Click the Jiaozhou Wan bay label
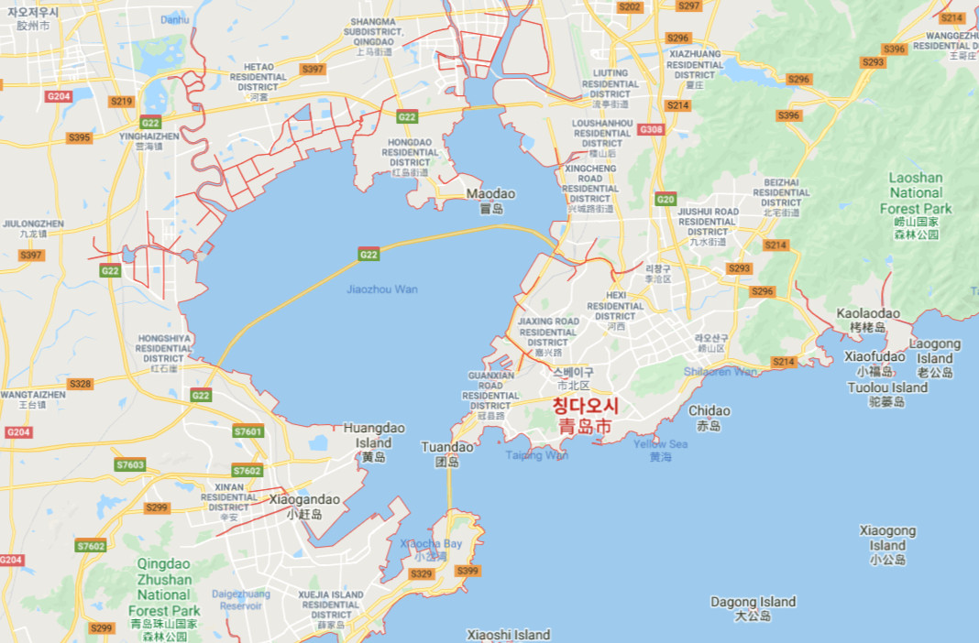pyautogui.click(x=381, y=289)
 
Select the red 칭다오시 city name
pyautogui.click(x=586, y=406)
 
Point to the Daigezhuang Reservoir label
pyautogui.click(x=242, y=599)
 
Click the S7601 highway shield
pyautogui.click(x=247, y=431)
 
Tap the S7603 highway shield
pyautogui.click(x=130, y=464)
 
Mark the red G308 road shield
pyautogui.click(x=651, y=129)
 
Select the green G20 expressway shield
pyautogui.click(x=665, y=200)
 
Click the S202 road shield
pyautogui.click(x=630, y=6)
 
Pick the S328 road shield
pyautogui.click(x=80, y=384)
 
